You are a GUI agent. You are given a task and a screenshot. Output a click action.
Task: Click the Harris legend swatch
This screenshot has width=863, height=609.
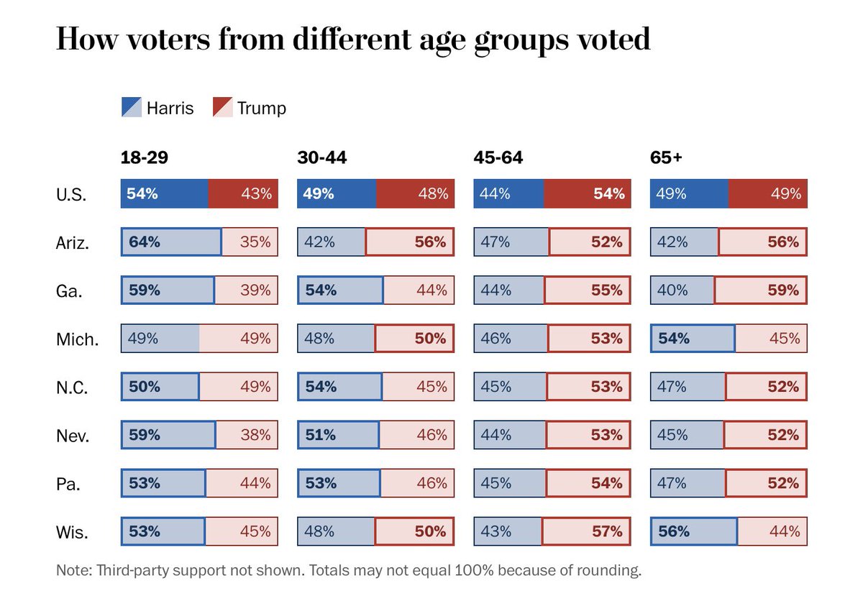click(x=132, y=107)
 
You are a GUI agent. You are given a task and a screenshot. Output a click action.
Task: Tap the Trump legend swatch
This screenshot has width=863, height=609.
click(x=223, y=107)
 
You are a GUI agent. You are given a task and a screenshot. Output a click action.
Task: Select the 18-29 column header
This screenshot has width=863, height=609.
click(x=144, y=157)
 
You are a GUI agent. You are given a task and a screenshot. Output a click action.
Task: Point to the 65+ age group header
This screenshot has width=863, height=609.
click(x=666, y=157)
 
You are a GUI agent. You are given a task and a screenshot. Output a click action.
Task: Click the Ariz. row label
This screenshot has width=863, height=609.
click(x=73, y=243)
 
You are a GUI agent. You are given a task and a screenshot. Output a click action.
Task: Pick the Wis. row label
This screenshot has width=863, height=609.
click(x=72, y=532)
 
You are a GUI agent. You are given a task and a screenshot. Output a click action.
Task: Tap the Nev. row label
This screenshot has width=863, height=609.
click(x=73, y=436)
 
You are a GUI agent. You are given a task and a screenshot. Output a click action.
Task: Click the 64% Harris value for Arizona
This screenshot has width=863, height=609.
click(x=144, y=242)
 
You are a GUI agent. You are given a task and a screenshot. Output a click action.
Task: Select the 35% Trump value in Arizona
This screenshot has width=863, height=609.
click(x=255, y=242)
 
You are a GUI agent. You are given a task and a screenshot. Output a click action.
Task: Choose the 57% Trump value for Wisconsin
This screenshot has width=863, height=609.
click(x=607, y=531)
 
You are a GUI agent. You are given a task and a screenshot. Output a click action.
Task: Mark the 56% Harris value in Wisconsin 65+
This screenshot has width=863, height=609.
click(x=673, y=531)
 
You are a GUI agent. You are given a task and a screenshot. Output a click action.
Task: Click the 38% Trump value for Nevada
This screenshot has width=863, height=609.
click(x=255, y=435)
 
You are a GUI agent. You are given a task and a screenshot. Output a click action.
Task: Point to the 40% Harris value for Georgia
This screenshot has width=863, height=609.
click(x=672, y=290)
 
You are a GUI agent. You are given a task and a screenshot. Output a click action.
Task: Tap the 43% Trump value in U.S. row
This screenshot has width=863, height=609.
click(x=257, y=193)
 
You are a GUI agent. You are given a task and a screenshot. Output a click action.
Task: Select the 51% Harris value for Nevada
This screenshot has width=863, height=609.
click(x=321, y=435)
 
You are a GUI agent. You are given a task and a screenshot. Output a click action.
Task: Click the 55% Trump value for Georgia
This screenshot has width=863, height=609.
click(x=607, y=290)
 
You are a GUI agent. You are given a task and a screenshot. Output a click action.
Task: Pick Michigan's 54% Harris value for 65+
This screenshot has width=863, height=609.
click(x=673, y=338)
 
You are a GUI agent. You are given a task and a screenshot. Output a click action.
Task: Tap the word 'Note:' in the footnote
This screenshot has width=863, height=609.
click(x=74, y=570)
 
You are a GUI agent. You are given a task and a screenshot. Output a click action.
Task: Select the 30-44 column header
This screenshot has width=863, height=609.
click(x=321, y=157)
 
